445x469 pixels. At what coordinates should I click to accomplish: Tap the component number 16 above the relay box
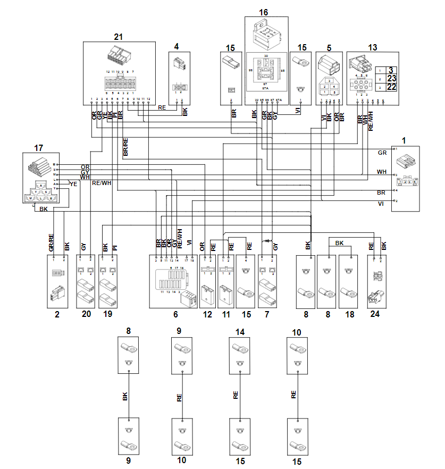[x=263, y=12]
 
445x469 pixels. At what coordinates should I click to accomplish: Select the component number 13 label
[x=372, y=47]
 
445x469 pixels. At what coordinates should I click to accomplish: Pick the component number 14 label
[x=240, y=332]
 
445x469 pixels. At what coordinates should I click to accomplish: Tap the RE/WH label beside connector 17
[x=102, y=183]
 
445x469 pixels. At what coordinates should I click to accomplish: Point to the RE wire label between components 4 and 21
[x=162, y=107]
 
